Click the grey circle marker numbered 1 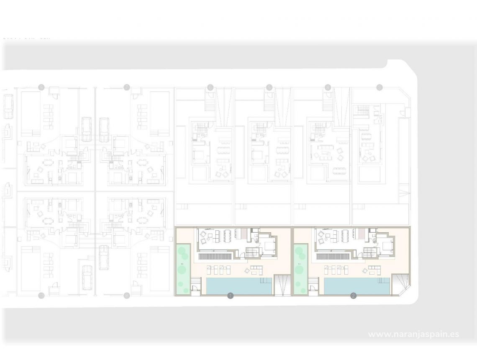coord(230,296)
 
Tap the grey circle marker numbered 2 coord(354,296)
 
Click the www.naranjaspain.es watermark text coord(413,334)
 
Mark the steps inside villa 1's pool coord(265,280)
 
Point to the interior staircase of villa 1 coord(252,252)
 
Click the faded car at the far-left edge coord(8,105)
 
